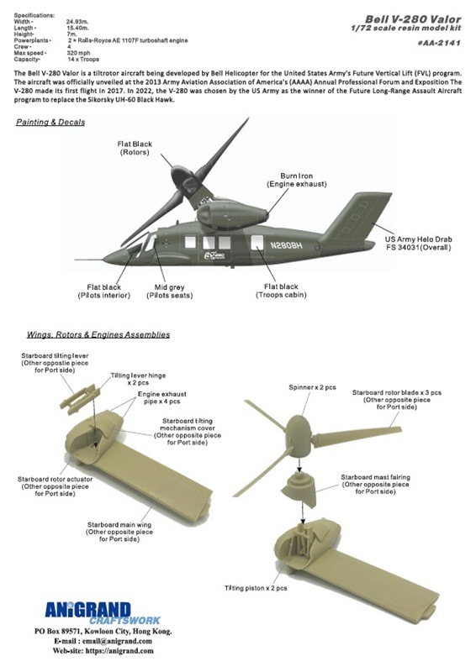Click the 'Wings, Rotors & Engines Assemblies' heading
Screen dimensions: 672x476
coord(93,334)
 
